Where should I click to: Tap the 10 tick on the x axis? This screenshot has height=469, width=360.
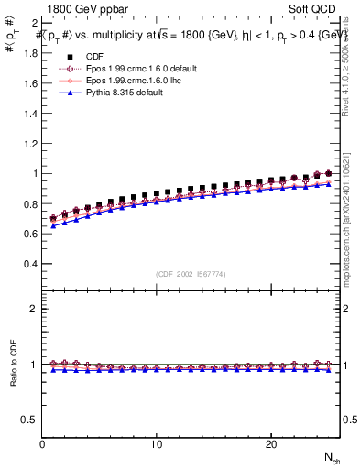coord(157,444)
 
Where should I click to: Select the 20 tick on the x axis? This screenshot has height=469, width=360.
coord(271,444)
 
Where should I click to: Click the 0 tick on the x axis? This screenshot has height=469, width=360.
coord(42,444)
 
